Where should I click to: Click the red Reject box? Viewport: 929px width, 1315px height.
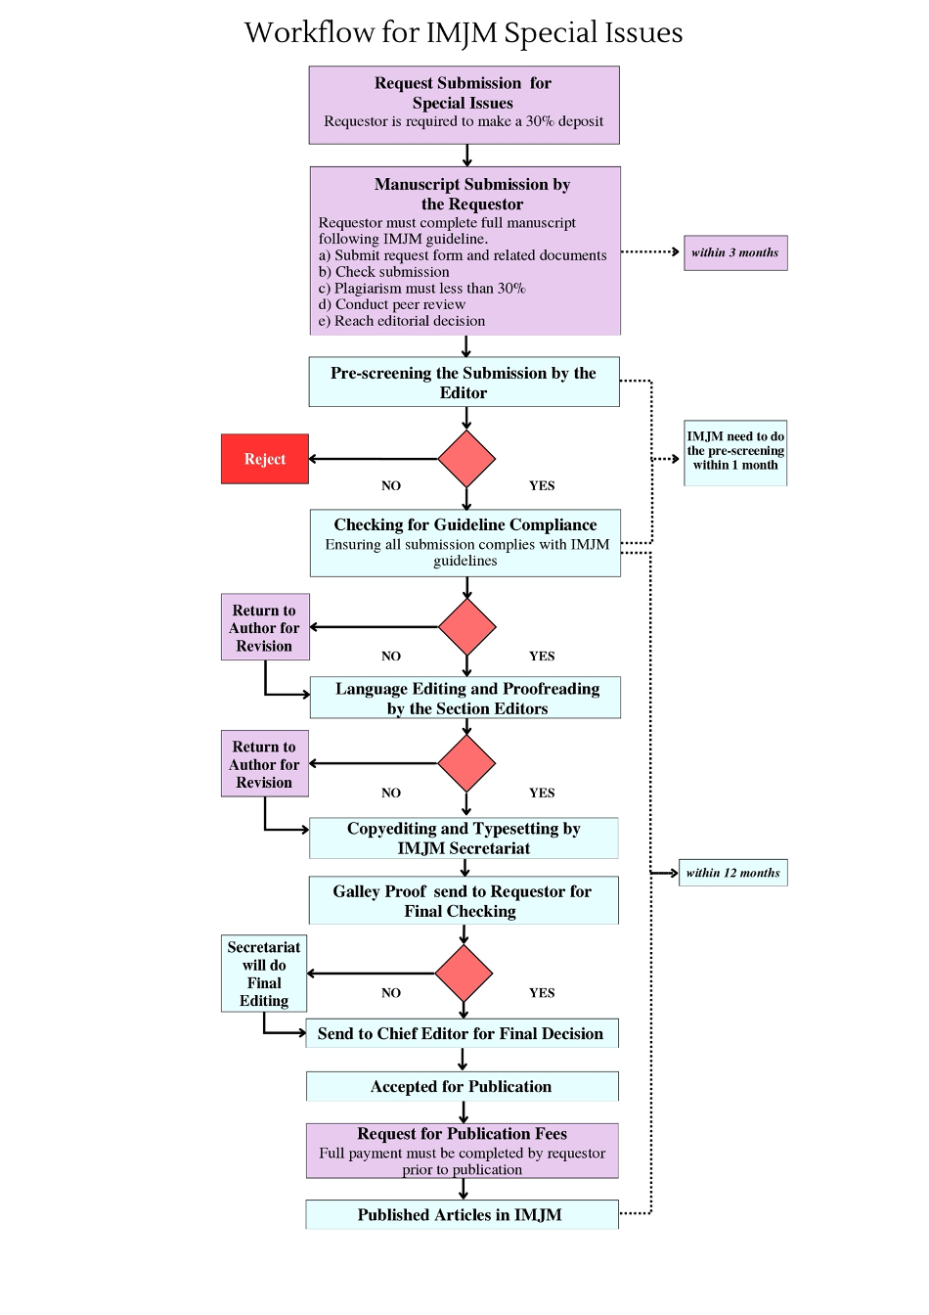265,459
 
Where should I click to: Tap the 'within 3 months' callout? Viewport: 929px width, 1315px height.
735,253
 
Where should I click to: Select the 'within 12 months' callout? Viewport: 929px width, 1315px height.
733,873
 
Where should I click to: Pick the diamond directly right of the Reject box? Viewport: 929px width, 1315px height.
466,459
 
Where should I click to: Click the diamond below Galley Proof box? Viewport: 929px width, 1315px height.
464,974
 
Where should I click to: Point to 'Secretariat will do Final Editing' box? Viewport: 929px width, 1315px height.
264,974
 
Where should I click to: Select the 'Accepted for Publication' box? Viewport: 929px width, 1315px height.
462,1087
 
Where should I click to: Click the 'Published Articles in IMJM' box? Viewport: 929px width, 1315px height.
462,1214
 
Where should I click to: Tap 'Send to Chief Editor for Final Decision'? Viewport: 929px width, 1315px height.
462,1033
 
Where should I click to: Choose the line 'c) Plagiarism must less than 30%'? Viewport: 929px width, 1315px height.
421,289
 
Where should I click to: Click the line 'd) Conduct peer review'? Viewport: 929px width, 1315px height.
392,304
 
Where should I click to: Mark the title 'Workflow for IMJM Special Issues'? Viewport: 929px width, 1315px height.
464,33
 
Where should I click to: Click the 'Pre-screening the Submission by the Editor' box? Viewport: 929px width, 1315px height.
464,382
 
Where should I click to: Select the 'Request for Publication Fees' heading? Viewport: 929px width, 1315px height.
463,1134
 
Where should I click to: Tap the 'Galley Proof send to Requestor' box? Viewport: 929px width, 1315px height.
464,900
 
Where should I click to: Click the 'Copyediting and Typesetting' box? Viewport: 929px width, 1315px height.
464,839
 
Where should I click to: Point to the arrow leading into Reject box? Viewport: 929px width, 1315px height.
374,459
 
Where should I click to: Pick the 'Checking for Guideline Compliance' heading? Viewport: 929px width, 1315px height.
465,524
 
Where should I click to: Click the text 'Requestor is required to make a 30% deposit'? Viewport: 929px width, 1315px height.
464,121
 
